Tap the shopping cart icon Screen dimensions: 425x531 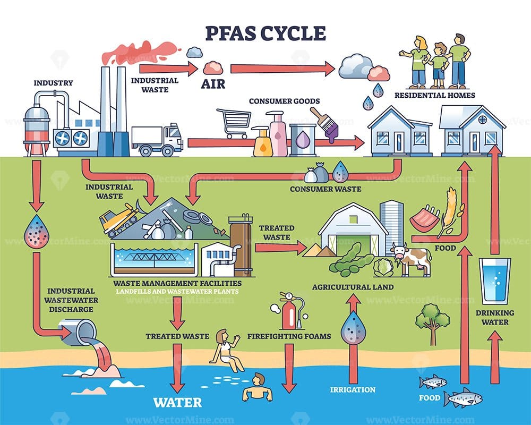pyautogui.click(x=234, y=123)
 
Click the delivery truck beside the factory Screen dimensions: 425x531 pyautogui.click(x=157, y=139)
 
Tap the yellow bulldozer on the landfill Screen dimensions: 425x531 pyautogui.click(x=119, y=218)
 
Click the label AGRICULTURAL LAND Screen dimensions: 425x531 pyautogui.click(x=353, y=287)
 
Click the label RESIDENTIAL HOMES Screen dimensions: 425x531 pyautogui.click(x=434, y=96)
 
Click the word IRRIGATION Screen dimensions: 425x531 pyautogui.click(x=353, y=390)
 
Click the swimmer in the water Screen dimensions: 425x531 pyautogui.click(x=258, y=388)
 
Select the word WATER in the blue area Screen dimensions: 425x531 pyautogui.click(x=177, y=402)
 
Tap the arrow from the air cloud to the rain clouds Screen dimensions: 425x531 pyautogui.click(x=281, y=68)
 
